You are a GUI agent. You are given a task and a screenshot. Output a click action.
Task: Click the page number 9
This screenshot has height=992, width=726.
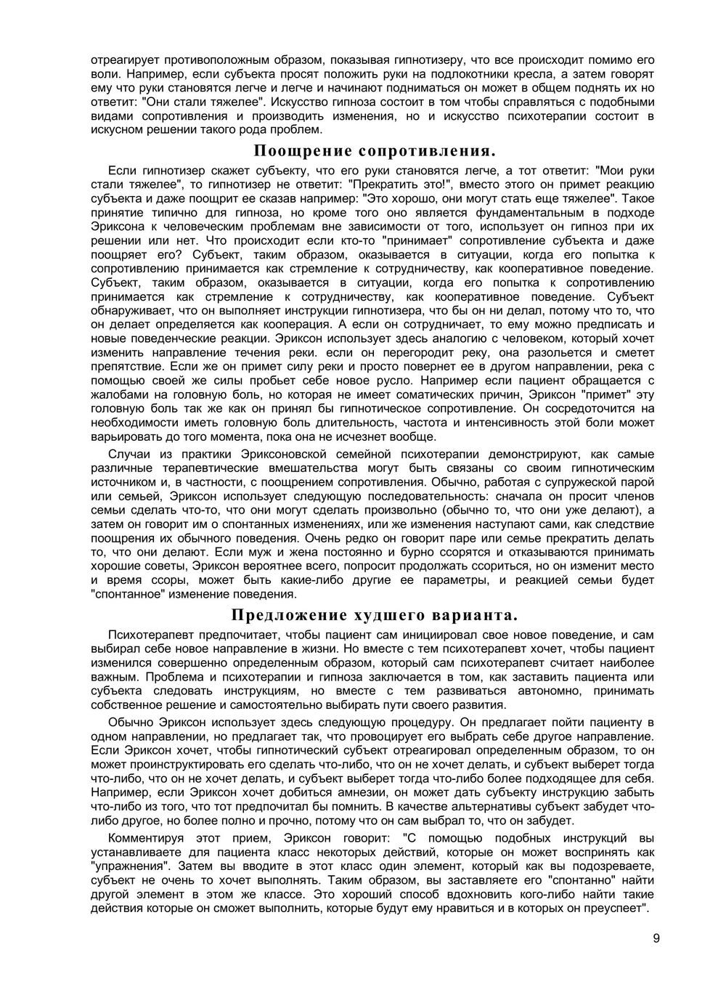(656, 938)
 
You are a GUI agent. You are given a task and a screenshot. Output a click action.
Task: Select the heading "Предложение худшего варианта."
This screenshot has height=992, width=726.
(374, 615)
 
